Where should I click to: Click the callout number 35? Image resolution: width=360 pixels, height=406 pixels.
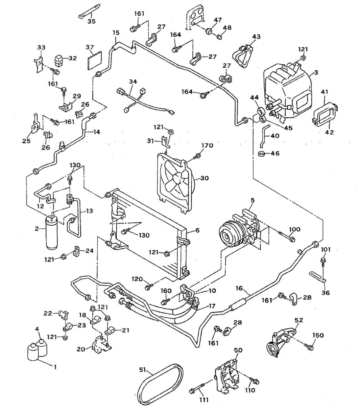coord(92,21)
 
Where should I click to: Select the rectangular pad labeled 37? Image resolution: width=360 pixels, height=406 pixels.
coord(95,61)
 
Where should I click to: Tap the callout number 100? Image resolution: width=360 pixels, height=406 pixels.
coord(295,229)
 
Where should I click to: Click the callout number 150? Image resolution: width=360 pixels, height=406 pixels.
coord(318,335)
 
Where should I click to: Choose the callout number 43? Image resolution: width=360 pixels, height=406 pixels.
coord(256,37)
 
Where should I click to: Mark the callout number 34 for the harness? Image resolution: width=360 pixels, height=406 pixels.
coord(133,82)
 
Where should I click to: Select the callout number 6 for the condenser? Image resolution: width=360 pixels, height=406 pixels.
coord(197,230)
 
